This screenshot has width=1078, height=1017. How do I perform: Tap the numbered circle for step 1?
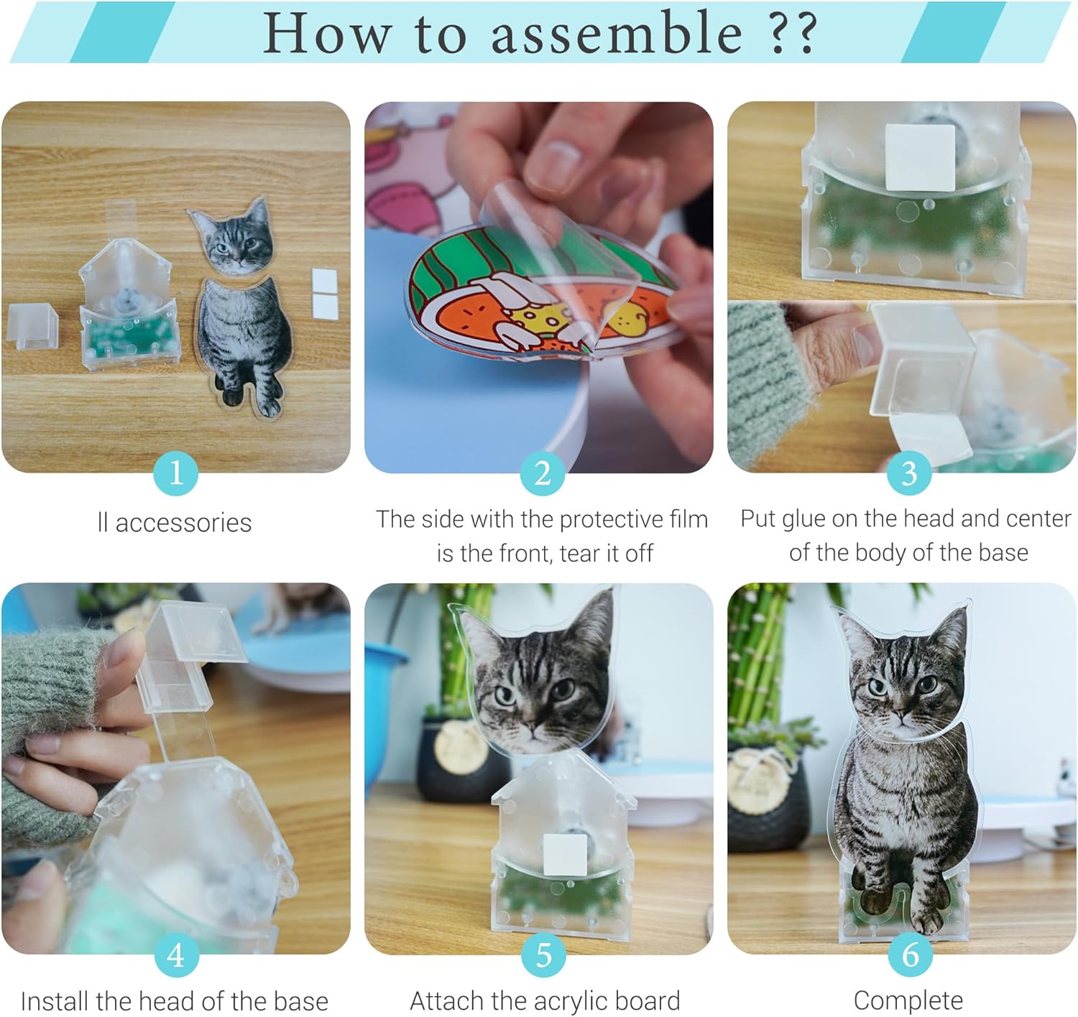[176, 473]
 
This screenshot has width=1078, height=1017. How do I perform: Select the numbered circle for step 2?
[543, 473]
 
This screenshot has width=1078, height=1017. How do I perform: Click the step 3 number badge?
[909, 473]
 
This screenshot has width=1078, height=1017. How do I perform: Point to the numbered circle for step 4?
[176, 955]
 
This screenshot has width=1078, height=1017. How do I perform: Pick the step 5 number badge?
[543, 955]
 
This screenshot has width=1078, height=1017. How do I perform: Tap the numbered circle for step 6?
[911, 955]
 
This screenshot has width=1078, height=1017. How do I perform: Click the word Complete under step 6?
[908, 1000]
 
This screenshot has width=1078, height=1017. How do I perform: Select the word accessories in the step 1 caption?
[183, 523]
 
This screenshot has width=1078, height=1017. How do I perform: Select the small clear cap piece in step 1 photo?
[32, 325]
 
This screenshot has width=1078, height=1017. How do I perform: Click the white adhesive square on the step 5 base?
[565, 855]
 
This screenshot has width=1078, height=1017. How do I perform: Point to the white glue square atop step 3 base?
[920, 157]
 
